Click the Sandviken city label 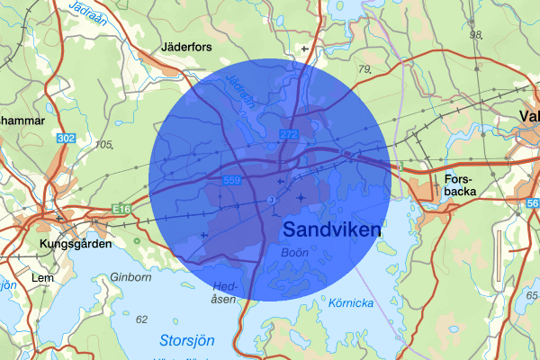click(331, 229)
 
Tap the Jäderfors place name click(187, 46)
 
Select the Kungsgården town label click(76, 244)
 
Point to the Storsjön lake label click(188, 340)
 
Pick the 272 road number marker click(288, 134)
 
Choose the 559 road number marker click(231, 181)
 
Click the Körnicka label click(350, 303)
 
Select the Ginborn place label click(131, 278)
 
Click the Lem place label click(42, 278)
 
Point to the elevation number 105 click(104, 145)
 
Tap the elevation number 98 click(476, 35)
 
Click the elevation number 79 click(364, 69)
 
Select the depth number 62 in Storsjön click(140, 319)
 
